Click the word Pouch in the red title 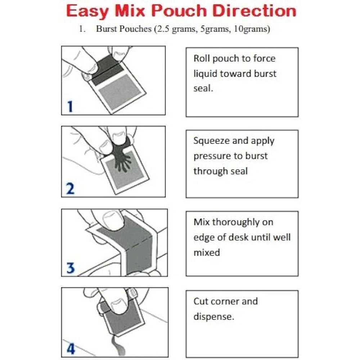click(x=179, y=11)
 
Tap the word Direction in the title click(x=255, y=11)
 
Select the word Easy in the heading click(x=87, y=12)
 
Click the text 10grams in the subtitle click(x=252, y=29)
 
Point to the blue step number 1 click(x=70, y=106)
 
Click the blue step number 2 click(x=70, y=189)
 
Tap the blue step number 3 click(x=71, y=268)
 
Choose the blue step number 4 click(x=71, y=348)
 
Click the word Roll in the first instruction click(x=202, y=58)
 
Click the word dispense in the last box click(x=213, y=317)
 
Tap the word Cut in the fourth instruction click(x=201, y=301)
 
